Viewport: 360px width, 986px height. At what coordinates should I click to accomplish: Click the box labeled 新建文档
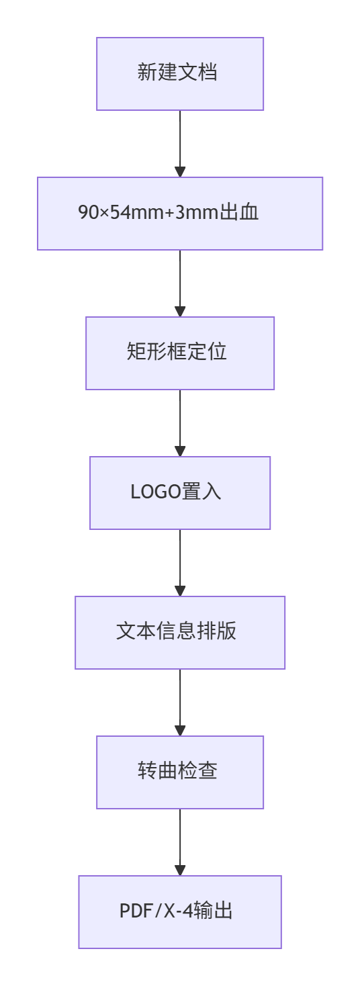[x=180, y=74]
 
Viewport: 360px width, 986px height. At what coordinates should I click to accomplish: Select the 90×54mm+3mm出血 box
[x=180, y=214]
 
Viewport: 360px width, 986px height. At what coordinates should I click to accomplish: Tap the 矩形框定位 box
[x=180, y=353]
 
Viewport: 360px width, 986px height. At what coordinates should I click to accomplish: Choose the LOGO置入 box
[x=180, y=492]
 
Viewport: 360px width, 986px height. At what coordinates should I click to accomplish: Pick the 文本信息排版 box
[x=180, y=633]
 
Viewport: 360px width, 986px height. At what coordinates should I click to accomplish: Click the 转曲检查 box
[x=180, y=772]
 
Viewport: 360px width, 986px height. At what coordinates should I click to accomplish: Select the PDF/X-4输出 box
[x=180, y=911]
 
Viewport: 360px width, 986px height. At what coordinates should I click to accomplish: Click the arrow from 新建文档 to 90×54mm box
[x=180, y=144]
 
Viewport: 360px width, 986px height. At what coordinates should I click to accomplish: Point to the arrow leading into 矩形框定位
[x=180, y=283]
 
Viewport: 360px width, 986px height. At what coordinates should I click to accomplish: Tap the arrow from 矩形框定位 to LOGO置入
[x=180, y=423]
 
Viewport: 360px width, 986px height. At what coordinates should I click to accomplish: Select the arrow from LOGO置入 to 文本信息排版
[x=180, y=563]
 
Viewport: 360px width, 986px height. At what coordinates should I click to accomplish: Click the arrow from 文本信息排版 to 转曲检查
[x=180, y=702]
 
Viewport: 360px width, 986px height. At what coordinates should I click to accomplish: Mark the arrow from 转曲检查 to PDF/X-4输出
[x=180, y=842]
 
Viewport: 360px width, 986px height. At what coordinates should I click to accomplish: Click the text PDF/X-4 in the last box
[x=156, y=911]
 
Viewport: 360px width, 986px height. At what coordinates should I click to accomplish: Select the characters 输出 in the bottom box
[x=212, y=910]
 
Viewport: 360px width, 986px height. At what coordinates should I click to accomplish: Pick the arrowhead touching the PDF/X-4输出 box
[x=180, y=870]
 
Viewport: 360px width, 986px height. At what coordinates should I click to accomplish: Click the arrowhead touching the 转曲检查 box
[x=180, y=730]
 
